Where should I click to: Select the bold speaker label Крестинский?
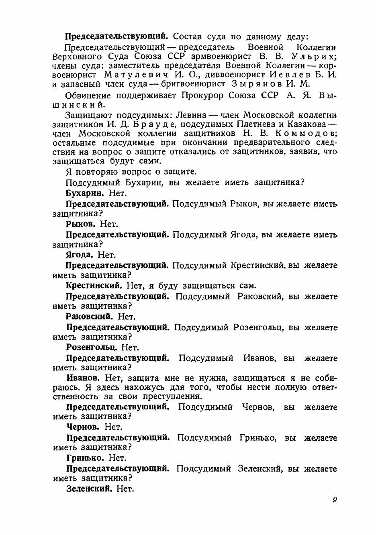click(94, 286)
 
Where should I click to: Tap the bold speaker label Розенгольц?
click(92, 347)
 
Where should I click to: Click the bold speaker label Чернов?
click(82, 427)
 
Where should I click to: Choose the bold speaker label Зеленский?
click(88, 488)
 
